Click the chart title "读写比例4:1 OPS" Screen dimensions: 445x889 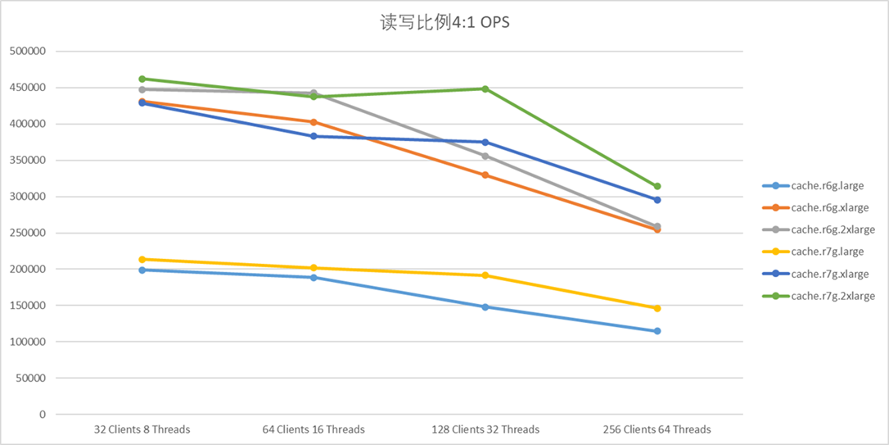445,22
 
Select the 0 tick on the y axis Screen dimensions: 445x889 42,415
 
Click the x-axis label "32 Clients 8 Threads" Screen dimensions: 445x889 142,429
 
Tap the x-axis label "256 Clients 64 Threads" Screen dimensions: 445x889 657,429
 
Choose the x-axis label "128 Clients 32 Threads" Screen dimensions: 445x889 485,429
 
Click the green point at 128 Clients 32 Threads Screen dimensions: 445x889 485,89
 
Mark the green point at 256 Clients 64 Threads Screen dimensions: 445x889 657,186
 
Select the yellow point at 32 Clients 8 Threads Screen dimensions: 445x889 142,259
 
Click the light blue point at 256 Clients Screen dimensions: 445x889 657,331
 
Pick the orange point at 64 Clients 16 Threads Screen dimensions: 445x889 314,122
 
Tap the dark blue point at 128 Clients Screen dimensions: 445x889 485,142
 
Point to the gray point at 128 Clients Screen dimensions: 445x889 485,156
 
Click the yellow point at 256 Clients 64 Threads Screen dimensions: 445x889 657,308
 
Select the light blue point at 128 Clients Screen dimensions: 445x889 485,307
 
